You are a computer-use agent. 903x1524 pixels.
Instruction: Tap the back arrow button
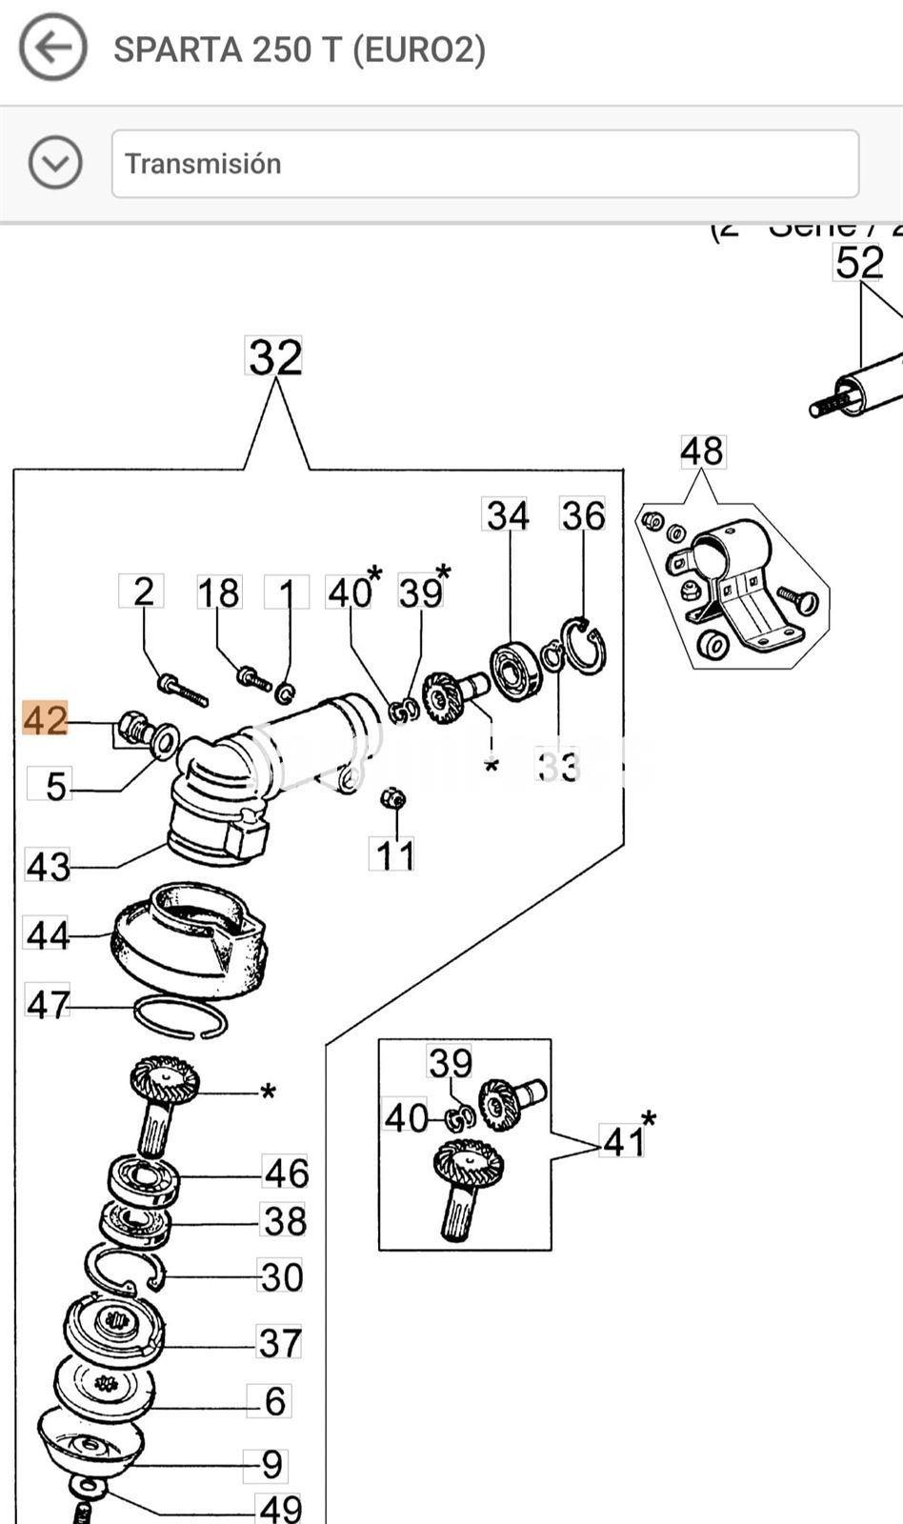pyautogui.click(x=52, y=47)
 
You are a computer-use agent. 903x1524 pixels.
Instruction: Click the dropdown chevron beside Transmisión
pyautogui.click(x=54, y=163)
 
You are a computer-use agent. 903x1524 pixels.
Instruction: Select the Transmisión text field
pyautogui.click(x=485, y=164)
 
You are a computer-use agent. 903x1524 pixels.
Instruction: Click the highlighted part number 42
pyautogui.click(x=46, y=719)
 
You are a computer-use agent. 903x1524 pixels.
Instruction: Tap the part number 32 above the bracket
pyautogui.click(x=274, y=357)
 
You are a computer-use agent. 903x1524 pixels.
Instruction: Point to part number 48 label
pyautogui.click(x=701, y=451)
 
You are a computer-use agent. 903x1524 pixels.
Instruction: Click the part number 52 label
pyautogui.click(x=859, y=263)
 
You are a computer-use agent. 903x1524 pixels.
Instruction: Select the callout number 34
pyautogui.click(x=508, y=515)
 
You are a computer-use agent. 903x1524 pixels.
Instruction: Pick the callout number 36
pyautogui.click(x=583, y=515)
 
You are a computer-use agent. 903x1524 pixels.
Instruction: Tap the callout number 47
pyautogui.click(x=48, y=1004)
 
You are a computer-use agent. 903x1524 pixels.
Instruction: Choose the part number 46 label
pyautogui.click(x=286, y=1173)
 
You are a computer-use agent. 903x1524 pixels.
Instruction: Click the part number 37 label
pyautogui.click(x=280, y=1343)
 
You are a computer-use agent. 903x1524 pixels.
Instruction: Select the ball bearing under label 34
pyautogui.click(x=515, y=672)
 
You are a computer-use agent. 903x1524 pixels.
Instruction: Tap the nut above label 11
pyautogui.click(x=391, y=797)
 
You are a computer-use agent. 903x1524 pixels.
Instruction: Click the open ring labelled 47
pyautogui.click(x=180, y=1017)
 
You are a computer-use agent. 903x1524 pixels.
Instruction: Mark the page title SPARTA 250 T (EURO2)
pyautogui.click(x=299, y=49)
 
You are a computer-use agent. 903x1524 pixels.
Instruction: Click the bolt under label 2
pyautogui.click(x=182, y=690)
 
